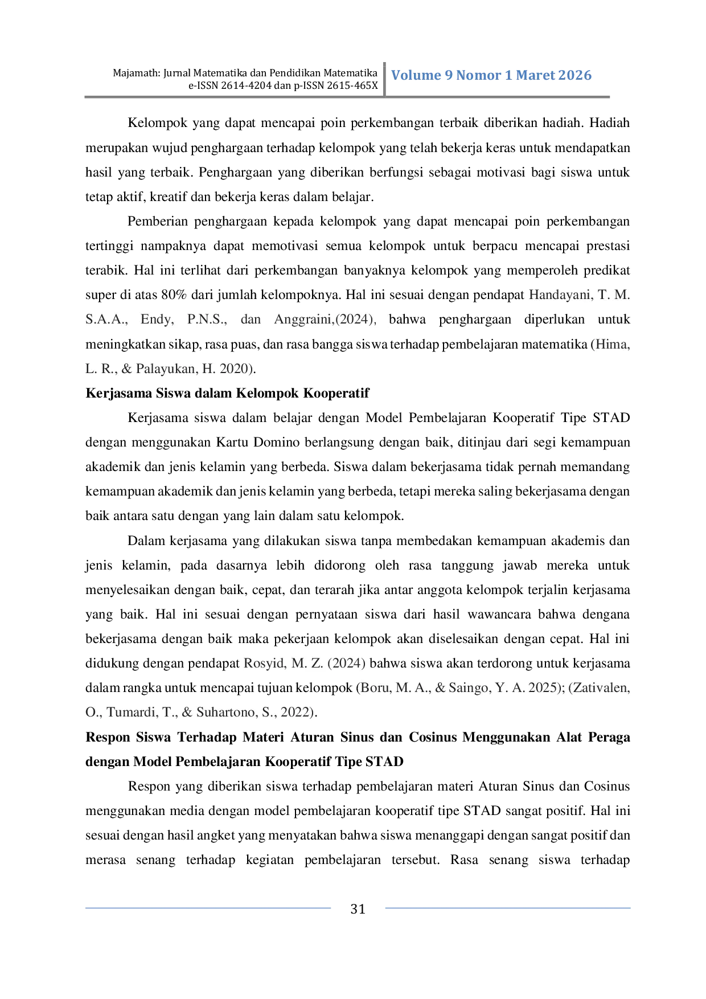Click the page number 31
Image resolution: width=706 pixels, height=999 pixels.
click(x=358, y=908)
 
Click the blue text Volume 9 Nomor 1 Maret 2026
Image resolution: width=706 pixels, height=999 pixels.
click(x=491, y=75)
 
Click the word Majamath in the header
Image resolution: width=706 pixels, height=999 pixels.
click(x=137, y=73)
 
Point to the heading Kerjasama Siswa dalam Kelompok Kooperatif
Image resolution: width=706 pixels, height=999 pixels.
click(x=227, y=393)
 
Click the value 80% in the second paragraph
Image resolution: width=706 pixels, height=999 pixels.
click(x=174, y=294)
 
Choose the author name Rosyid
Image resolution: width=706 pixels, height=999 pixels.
click(x=265, y=664)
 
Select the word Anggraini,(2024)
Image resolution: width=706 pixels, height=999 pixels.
click(x=325, y=320)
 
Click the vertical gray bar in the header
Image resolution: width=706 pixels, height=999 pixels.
click(x=385, y=79)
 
